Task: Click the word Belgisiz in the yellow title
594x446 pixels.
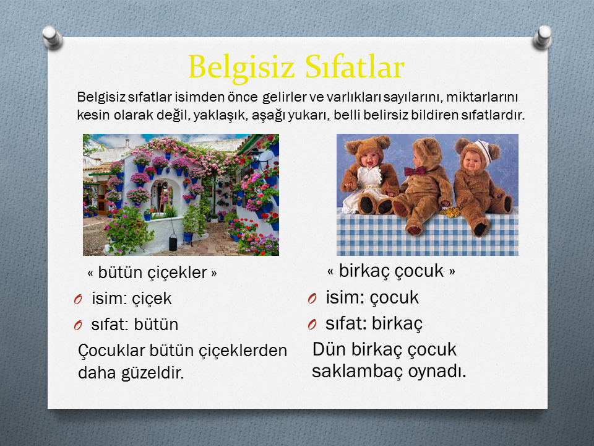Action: pyautogui.click(x=241, y=68)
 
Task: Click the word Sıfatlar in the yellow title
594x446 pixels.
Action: pyautogui.click(x=355, y=67)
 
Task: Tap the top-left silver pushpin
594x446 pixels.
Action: pyautogui.click(x=52, y=37)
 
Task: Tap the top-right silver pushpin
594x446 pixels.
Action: pyautogui.click(x=542, y=37)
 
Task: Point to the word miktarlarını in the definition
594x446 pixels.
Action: pyautogui.click(x=482, y=97)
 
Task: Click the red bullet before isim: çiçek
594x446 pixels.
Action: pyautogui.click(x=78, y=300)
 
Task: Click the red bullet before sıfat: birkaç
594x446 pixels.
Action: pyautogui.click(x=312, y=325)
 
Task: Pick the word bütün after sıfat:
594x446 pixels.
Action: pyautogui.click(x=156, y=325)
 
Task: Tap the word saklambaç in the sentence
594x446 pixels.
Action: pyautogui.click(x=357, y=372)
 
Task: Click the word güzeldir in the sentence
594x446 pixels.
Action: pyautogui.click(x=152, y=373)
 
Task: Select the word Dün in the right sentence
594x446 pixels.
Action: pyautogui.click(x=329, y=349)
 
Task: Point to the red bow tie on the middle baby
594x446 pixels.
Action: pyautogui.click(x=415, y=171)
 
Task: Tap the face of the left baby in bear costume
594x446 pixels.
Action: pyautogui.click(x=368, y=159)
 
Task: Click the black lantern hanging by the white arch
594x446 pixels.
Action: pyautogui.click(x=173, y=242)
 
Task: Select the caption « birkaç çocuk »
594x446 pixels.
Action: pyautogui.click(x=391, y=271)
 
